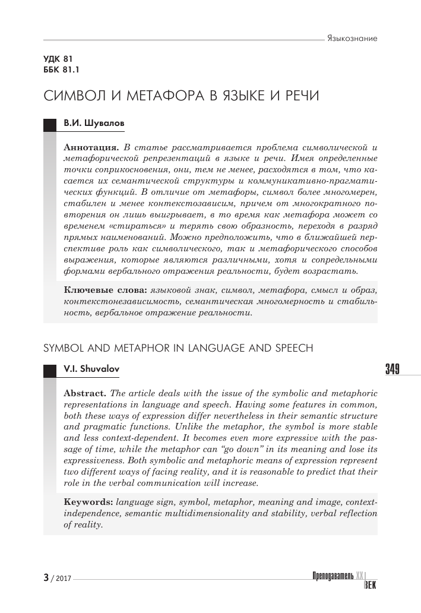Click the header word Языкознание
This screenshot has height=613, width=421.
click(x=353, y=39)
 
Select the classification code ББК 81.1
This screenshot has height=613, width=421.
click(x=61, y=71)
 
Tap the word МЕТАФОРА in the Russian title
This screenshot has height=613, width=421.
click(x=157, y=97)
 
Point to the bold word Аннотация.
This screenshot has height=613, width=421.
click(x=90, y=146)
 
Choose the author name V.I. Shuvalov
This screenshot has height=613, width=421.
click(x=91, y=369)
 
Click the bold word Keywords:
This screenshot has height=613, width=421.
click(x=89, y=503)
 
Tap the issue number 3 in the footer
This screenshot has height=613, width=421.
click(x=46, y=577)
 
